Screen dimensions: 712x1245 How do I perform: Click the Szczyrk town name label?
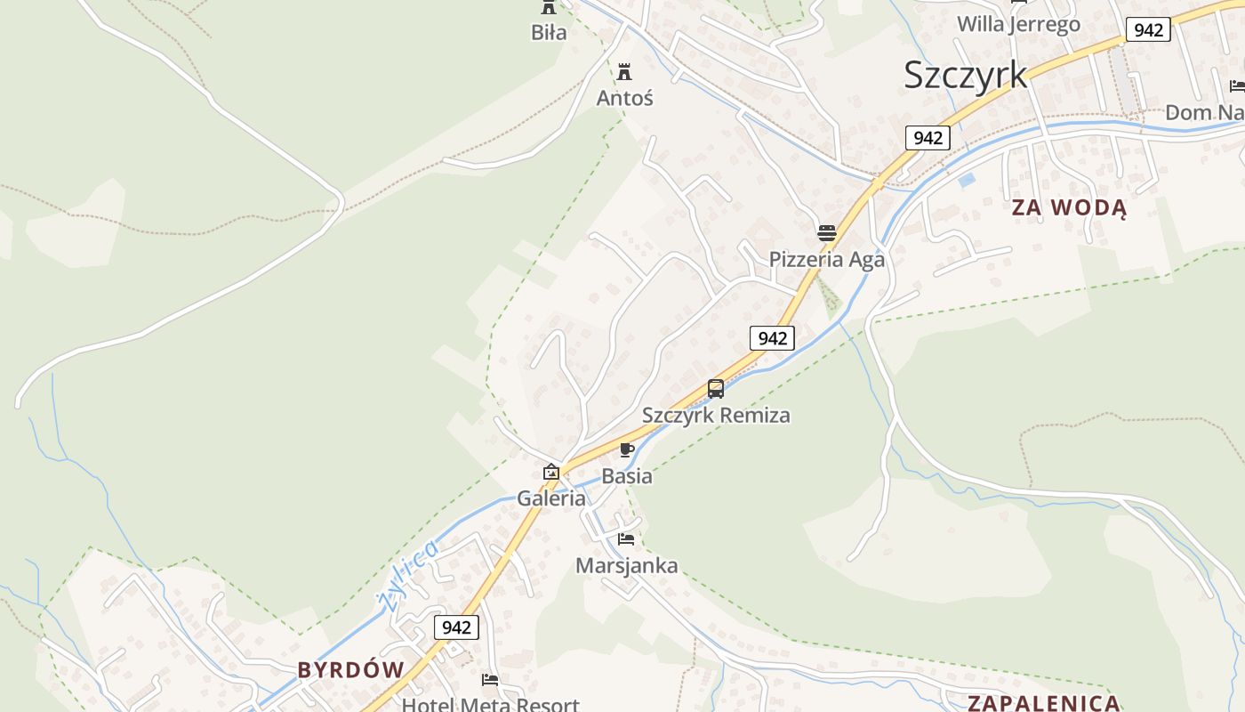(965, 75)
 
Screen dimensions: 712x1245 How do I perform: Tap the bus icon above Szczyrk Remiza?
(716, 389)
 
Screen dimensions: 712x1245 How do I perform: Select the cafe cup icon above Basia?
(627, 449)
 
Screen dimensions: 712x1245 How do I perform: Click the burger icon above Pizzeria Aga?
(827, 233)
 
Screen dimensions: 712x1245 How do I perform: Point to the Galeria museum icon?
(551, 472)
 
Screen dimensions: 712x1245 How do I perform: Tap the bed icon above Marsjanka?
(626, 538)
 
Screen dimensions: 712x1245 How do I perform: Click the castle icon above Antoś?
(625, 72)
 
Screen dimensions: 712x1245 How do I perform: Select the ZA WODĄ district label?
(1069, 208)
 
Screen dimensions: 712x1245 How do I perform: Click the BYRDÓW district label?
(350, 670)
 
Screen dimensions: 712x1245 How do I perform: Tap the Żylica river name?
(408, 575)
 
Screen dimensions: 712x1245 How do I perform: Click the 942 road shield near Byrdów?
(456, 627)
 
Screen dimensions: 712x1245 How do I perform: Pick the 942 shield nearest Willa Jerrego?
(1148, 29)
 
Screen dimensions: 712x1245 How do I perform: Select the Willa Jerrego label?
(1018, 24)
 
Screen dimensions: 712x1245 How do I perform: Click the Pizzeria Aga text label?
(827, 260)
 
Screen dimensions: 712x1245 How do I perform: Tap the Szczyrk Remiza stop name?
(716, 416)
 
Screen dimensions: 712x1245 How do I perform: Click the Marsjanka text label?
(626, 566)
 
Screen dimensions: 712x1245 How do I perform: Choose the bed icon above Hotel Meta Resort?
(490, 680)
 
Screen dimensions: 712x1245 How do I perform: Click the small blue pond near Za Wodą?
(966, 180)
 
